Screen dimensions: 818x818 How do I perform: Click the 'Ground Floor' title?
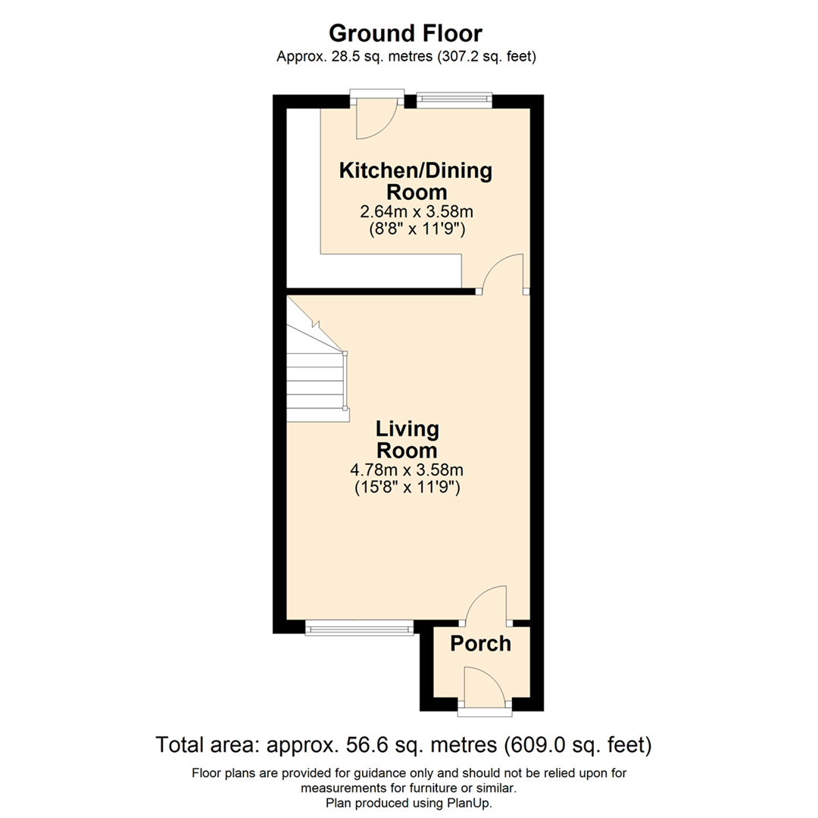click(x=405, y=33)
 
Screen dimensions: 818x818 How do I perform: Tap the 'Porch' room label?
click(x=480, y=644)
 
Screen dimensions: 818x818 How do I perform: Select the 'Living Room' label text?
click(x=407, y=439)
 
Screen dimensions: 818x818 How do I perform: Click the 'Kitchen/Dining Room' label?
click(x=415, y=180)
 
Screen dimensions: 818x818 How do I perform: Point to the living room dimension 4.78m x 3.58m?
click(x=407, y=470)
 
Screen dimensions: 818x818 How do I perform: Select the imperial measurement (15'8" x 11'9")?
click(x=407, y=489)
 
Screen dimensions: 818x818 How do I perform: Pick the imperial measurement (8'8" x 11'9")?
click(x=415, y=229)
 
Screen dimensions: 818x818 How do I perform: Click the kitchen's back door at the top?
click(x=376, y=117)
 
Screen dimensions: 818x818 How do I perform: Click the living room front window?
click(x=360, y=627)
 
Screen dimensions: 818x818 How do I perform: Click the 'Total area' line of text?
click(x=404, y=745)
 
